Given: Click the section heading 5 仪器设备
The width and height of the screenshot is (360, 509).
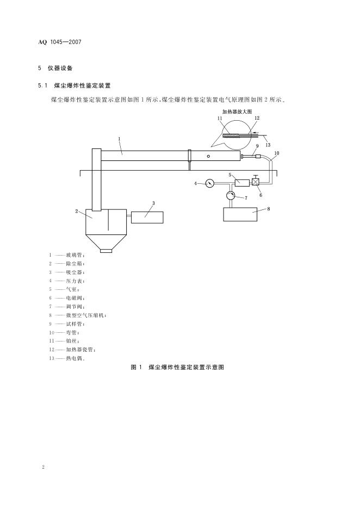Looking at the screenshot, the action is [57, 69].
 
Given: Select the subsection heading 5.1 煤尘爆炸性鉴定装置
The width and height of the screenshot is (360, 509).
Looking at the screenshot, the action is [75, 85].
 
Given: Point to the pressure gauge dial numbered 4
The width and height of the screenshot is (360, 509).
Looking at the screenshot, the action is [210, 183].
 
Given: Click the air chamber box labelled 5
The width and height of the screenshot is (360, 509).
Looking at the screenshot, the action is [241, 183].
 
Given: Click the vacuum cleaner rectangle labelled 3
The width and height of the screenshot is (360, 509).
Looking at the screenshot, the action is [147, 216].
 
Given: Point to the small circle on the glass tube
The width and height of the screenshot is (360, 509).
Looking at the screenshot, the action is [208, 156].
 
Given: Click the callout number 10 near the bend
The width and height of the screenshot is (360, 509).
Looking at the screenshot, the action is [277, 153].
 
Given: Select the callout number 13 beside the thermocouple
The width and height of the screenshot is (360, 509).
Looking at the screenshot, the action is [268, 145].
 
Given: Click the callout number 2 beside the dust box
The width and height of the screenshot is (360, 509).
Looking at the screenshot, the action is [77, 211].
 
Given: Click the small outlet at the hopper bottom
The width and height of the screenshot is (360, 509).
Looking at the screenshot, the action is [106, 251].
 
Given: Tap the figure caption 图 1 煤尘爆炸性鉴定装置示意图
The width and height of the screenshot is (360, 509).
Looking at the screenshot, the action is [178, 368].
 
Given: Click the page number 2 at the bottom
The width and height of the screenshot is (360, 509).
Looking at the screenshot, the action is [42, 467].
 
